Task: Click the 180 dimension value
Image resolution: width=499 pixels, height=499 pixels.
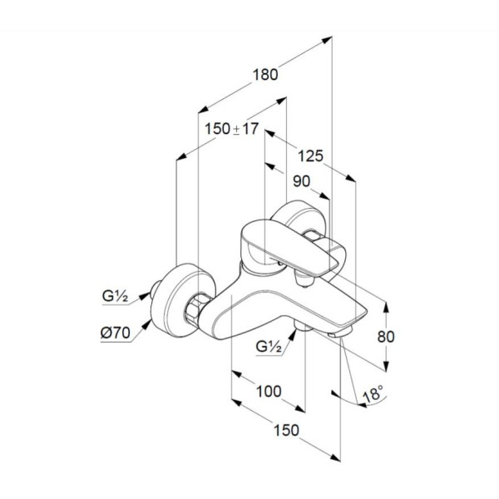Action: point(265,75)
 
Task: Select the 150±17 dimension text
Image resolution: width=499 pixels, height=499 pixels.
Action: point(231,129)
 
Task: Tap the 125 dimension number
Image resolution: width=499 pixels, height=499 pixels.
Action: point(310,156)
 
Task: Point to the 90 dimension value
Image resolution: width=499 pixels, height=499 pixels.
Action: point(301,181)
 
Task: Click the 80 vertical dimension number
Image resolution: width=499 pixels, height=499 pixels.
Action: point(386,337)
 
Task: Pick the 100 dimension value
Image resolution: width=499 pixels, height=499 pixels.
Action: point(269,392)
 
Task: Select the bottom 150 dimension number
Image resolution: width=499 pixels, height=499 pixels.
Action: point(286,430)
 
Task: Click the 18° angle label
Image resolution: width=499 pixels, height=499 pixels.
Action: point(373,393)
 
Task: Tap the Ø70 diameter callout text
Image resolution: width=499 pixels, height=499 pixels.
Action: point(116,333)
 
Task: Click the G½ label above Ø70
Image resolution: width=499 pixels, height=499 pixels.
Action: point(115,296)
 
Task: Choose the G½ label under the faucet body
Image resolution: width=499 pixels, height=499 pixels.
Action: point(269,346)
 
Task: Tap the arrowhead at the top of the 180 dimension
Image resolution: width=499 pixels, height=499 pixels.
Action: point(327,40)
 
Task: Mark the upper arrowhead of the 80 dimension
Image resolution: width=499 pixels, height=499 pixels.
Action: point(386,307)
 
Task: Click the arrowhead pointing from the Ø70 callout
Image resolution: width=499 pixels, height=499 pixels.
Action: point(146,325)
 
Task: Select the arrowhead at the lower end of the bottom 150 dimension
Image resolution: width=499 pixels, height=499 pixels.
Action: point(335,457)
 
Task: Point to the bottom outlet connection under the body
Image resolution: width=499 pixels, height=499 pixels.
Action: point(303,327)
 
